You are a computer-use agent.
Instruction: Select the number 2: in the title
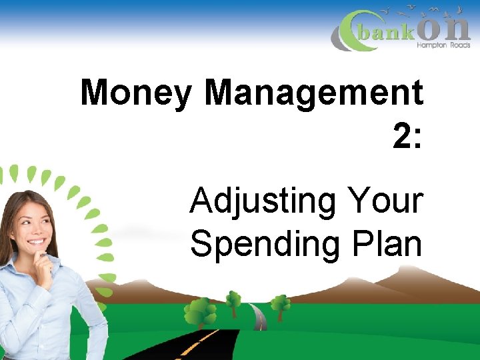(x=407, y=137)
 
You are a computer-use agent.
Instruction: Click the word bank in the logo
(x=386, y=33)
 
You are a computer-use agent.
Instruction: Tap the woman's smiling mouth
(x=36, y=241)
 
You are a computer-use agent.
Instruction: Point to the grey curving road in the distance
(x=259, y=316)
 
